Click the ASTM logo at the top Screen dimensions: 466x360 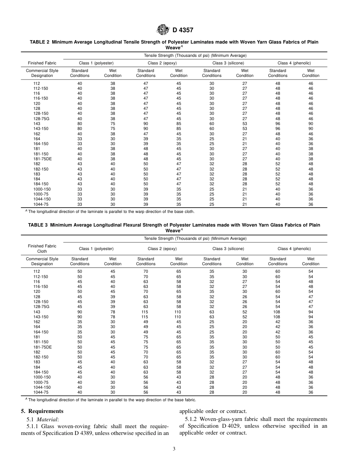164,30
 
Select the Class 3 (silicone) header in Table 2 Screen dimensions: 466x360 228,63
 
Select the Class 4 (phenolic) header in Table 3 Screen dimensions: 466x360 294,249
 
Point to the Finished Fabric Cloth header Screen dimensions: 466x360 42,249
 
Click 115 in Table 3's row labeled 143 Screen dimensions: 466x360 146,312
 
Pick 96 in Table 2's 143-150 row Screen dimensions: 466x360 278,128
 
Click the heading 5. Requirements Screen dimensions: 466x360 42,411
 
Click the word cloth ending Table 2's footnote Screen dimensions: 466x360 189,212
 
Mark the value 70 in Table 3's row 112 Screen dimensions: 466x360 146,272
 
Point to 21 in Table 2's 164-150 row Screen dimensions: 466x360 244,144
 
